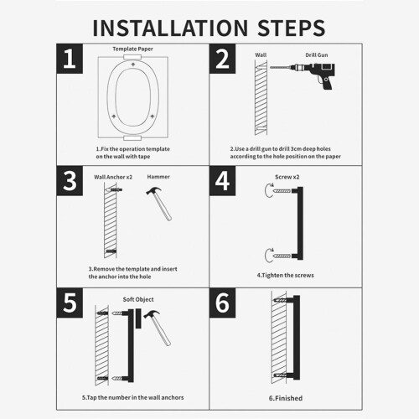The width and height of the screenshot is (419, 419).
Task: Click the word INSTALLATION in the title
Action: pos(170,28)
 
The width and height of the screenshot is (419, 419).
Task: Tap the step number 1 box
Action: pos(70,59)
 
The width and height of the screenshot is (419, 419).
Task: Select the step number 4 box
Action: pos(222,181)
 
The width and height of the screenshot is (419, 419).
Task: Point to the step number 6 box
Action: pos(222,303)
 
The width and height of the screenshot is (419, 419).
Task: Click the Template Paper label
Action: pos(132,49)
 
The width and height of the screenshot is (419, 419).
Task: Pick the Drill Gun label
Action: pos(317,55)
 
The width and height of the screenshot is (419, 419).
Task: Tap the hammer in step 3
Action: pos(159,204)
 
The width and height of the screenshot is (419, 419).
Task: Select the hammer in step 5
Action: pos(158,328)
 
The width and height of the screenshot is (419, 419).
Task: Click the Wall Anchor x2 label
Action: pos(113,177)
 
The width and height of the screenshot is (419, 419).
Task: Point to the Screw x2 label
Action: pos(287,177)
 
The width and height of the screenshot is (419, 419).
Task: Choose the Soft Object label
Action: pos(138,299)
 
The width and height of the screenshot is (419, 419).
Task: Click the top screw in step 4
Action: pos(282,191)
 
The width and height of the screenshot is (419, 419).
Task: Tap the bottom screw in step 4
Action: pos(282,256)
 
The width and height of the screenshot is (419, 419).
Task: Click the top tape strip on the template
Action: pos(132,57)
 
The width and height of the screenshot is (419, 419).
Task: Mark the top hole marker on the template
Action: pos(133,65)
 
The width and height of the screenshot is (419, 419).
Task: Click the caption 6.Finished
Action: pos(286,398)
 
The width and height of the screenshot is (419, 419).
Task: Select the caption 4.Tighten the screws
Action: pos(285,276)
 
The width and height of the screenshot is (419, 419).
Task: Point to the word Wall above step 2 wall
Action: pos(261,55)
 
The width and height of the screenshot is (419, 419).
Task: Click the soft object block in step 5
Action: pos(138,318)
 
